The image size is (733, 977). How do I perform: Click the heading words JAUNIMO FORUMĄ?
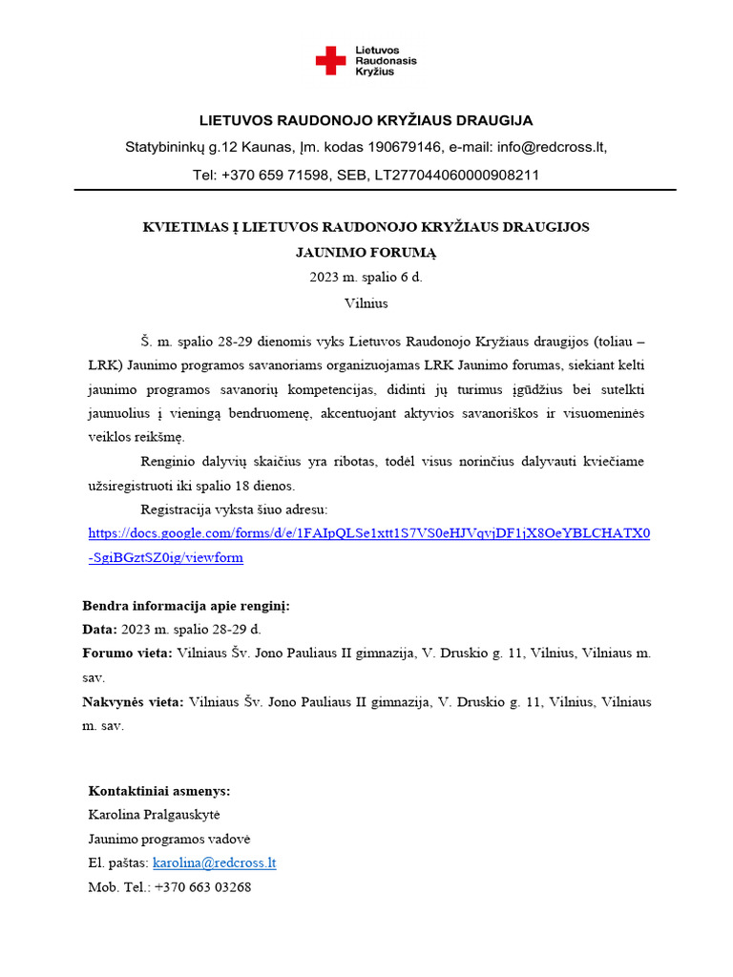[x=366, y=252]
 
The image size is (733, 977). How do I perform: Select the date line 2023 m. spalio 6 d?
[x=366, y=278]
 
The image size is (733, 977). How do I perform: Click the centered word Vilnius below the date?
[x=366, y=303]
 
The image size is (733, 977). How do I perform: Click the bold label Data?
[x=100, y=630]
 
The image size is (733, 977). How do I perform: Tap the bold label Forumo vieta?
[x=128, y=654]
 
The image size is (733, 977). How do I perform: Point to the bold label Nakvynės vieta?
[x=133, y=702]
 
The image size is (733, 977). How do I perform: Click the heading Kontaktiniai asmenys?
[x=159, y=791]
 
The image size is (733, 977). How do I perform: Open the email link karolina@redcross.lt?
[x=215, y=863]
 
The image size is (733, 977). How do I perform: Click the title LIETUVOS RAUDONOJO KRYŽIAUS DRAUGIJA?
[x=366, y=120]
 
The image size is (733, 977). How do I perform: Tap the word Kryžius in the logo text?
[x=377, y=72]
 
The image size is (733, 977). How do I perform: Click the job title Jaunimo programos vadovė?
[x=170, y=839]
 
